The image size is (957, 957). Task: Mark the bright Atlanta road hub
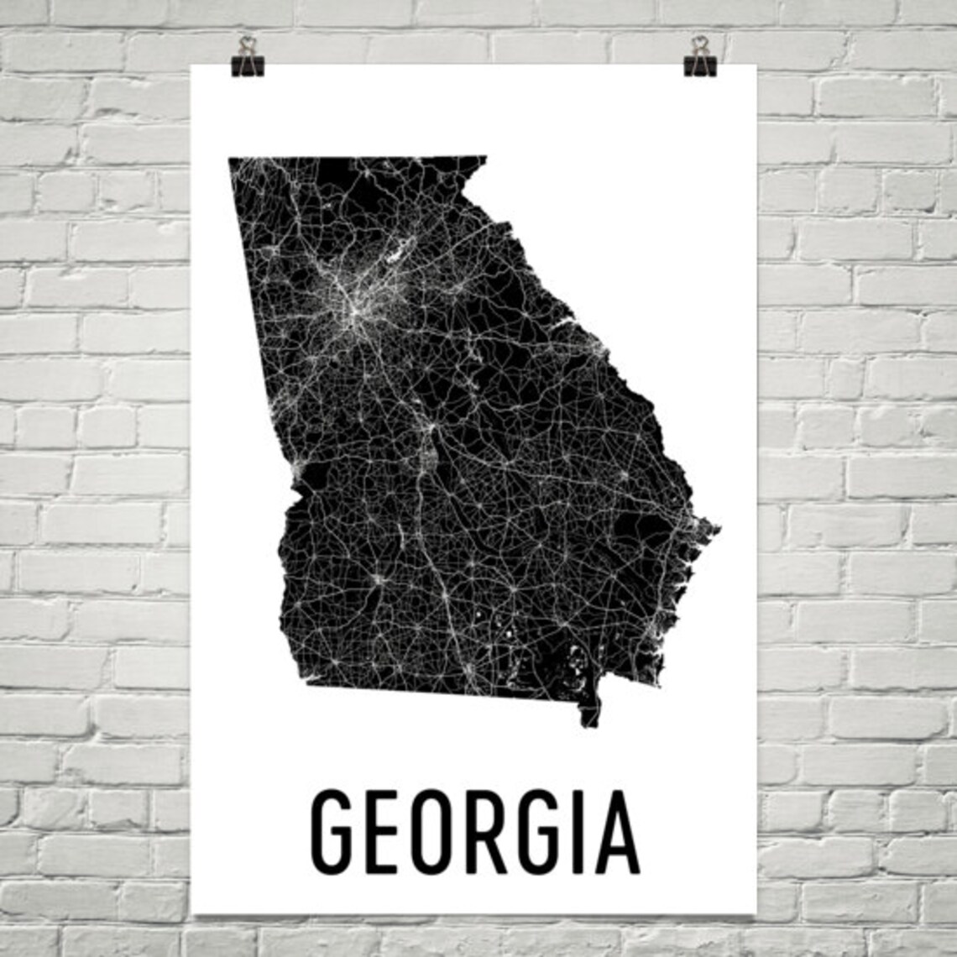(357, 311)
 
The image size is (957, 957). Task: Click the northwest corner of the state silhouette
(230, 158)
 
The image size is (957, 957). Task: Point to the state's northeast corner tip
(484, 157)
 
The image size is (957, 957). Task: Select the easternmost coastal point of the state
(718, 528)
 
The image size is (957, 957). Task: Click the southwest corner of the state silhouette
(307, 683)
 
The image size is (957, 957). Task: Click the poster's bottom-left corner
(193, 913)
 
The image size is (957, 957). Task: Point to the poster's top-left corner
(193, 65)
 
